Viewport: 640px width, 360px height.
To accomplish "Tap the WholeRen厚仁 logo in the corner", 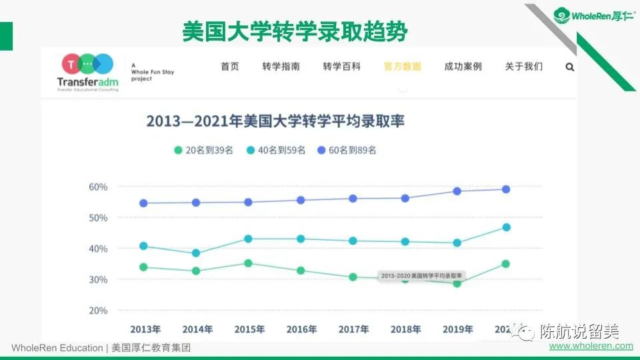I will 594,15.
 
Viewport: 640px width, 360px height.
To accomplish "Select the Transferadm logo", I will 88,72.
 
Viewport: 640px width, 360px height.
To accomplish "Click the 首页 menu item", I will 230,67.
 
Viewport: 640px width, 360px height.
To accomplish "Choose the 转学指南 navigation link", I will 281,67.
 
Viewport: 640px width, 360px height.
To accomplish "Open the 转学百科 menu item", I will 341,67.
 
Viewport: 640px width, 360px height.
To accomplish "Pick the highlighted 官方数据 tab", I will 403,67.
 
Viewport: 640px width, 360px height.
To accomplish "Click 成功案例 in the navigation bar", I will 463,67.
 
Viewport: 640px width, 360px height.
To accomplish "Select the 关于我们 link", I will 524,67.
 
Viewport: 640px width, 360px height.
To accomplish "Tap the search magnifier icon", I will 570,67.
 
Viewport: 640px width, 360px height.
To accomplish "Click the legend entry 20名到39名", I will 204,150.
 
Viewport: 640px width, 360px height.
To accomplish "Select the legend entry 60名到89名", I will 347,150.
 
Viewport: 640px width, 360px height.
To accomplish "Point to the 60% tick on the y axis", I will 98,187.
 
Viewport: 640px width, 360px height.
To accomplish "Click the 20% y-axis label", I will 98,311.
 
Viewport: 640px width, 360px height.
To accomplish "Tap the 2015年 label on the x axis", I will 249,329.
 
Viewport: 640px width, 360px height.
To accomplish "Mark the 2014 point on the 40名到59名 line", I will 196,253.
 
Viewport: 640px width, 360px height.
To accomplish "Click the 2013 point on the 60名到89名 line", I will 143,203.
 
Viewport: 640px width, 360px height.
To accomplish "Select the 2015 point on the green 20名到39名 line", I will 248,263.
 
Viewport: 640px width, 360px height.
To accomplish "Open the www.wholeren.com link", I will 591,346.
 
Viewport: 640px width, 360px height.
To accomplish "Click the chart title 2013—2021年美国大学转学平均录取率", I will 275,121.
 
